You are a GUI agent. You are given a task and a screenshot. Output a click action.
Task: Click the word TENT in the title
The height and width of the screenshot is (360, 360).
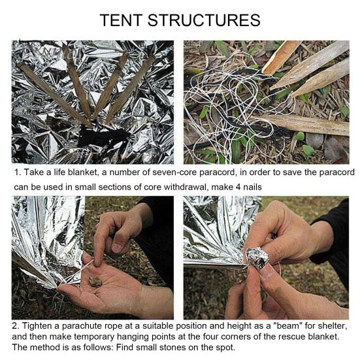pos(121,20)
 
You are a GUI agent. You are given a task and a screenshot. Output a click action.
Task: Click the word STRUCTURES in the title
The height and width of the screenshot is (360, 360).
pos(204,20)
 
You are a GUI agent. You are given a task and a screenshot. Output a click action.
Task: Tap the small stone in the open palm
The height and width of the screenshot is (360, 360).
pos(95,282)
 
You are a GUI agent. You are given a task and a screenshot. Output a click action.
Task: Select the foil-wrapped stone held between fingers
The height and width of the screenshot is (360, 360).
pos(257,257)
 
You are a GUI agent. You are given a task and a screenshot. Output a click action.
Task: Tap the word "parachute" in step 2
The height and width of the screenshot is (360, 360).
pos(82,326)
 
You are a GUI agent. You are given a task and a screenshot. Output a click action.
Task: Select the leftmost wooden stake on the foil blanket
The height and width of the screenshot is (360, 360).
pos(54,93)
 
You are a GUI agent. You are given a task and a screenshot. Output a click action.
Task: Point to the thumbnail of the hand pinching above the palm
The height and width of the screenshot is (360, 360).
pos(118,248)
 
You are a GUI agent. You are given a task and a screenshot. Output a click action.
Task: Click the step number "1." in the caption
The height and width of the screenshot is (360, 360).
pos(18,172)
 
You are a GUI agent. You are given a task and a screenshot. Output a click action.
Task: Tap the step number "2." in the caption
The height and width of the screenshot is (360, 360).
pos(16,326)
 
